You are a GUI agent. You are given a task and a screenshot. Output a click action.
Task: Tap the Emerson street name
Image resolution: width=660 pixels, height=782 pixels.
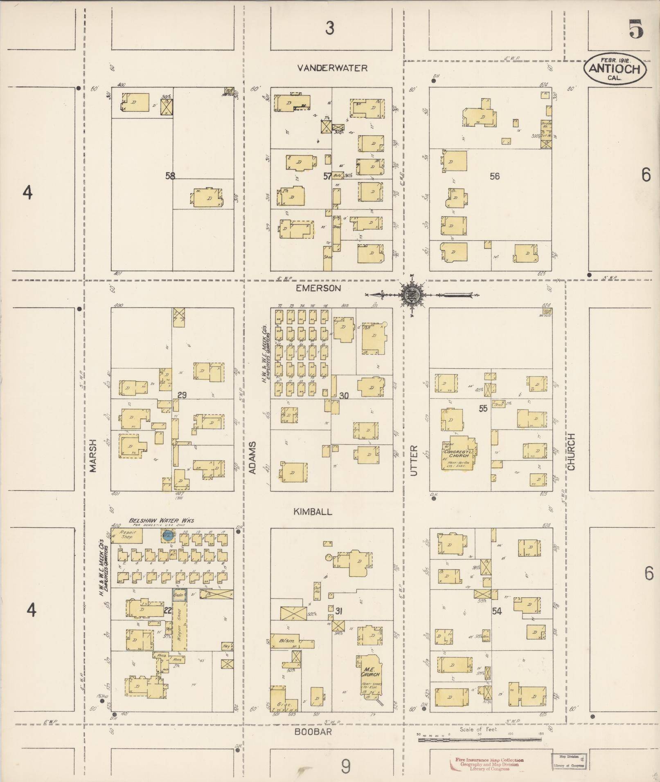coord(318,288)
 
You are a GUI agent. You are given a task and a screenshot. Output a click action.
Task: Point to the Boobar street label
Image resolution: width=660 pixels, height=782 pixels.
coord(313,732)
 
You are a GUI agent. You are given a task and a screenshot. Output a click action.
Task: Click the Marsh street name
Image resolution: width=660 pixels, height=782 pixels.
coord(93,456)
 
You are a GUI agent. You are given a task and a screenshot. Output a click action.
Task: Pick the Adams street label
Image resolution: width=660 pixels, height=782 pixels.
coord(252,457)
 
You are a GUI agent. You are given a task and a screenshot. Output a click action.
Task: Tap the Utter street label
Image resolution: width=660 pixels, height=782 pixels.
coord(414,460)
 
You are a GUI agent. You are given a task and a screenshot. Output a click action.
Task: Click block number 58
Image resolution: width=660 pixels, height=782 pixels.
coord(170,176)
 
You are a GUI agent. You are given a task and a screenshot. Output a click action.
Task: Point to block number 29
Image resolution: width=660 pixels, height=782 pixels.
coord(182,395)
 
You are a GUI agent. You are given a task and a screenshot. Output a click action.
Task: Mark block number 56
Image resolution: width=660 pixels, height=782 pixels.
coord(495,176)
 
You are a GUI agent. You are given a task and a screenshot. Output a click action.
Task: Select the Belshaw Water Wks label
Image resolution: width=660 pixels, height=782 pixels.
coord(161,520)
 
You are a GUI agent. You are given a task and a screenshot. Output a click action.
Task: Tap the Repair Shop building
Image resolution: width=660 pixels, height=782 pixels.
coord(126,535)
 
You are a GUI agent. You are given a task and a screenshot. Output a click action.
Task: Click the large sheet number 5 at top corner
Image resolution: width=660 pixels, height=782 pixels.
coord(635,30)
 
